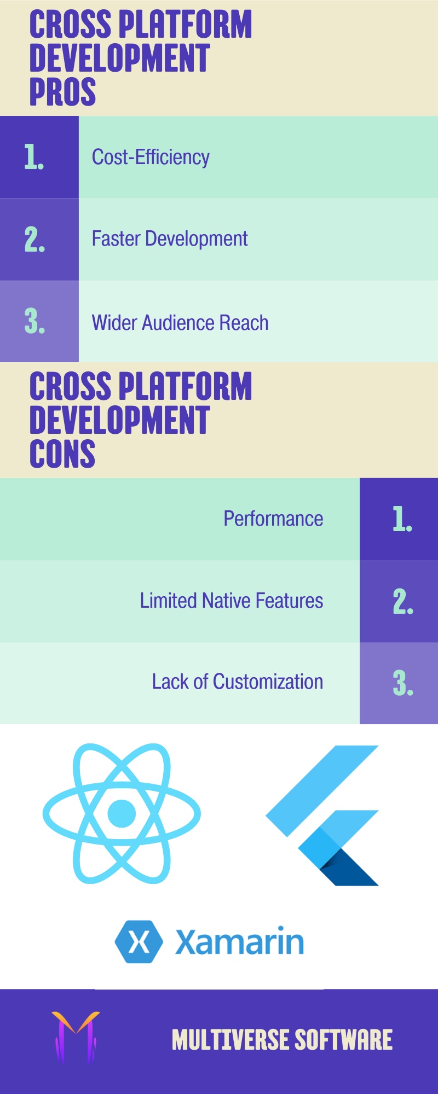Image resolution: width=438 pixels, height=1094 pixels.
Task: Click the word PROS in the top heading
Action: pos(62,91)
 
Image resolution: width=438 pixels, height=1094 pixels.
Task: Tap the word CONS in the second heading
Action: pos(62,453)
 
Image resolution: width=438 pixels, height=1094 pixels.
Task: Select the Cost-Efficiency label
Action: pos(151,157)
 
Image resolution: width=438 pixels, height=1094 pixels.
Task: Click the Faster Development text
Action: pos(170,239)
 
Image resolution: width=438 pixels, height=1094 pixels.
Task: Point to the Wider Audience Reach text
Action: pos(180,323)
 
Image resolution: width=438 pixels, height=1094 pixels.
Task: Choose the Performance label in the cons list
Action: pos(273,519)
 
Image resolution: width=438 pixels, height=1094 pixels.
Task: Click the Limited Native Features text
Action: pos(232,601)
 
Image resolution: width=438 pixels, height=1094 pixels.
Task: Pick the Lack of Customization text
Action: pos(238,682)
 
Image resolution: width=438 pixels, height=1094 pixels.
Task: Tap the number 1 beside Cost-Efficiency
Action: pos(34,157)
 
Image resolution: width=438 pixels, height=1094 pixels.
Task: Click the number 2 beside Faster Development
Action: pos(34,239)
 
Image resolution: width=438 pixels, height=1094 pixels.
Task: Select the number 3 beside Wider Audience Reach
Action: pos(34,321)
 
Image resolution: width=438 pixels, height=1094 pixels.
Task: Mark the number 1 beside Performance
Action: pos(402,519)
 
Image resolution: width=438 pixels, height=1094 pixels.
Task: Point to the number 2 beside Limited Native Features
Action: pos(403,601)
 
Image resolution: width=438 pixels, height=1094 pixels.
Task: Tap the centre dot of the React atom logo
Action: pos(122,813)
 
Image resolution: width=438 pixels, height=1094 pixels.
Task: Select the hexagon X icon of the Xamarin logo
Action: pos(139,941)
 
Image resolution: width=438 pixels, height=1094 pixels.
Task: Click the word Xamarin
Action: pos(239,941)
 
